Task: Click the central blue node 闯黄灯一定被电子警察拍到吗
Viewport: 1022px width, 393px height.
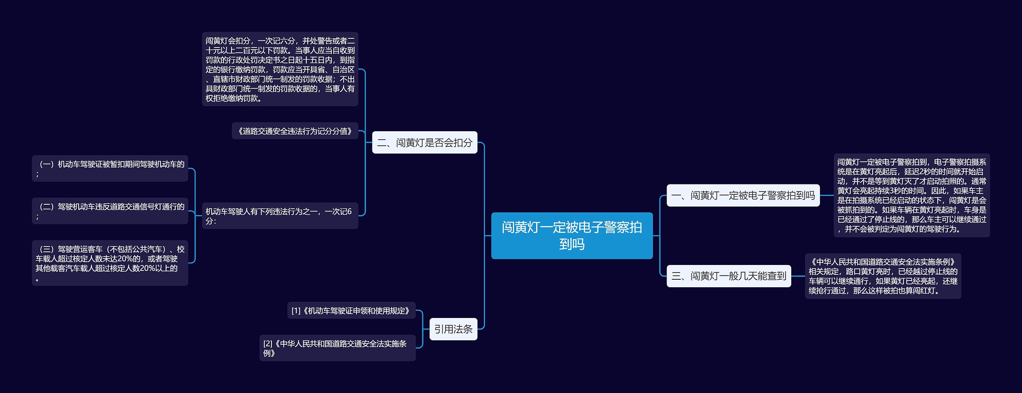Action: (x=572, y=235)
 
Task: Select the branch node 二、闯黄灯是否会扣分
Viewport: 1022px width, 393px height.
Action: (x=424, y=142)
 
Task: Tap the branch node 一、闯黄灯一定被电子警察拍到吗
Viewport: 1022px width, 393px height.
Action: (x=743, y=196)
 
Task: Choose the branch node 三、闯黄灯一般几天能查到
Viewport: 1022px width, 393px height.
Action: (x=729, y=276)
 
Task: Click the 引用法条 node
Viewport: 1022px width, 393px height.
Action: (x=453, y=329)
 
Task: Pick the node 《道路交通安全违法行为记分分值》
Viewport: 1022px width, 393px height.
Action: (x=295, y=131)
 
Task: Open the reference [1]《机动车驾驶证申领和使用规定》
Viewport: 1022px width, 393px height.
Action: (x=351, y=310)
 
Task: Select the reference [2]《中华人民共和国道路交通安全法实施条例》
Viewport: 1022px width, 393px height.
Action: (x=337, y=348)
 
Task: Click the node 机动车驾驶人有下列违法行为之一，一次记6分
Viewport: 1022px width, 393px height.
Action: (x=279, y=215)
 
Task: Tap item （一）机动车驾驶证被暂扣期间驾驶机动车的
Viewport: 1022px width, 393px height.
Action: (x=110, y=168)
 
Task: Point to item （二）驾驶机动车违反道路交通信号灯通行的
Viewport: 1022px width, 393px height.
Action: (x=110, y=211)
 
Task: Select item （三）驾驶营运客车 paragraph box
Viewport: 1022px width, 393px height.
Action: (x=110, y=263)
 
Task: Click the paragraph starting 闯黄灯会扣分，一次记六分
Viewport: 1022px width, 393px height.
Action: (x=280, y=69)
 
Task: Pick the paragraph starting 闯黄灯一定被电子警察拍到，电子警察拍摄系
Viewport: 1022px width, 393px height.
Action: (x=911, y=196)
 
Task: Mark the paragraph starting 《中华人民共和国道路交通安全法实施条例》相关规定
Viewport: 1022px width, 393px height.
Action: (x=883, y=276)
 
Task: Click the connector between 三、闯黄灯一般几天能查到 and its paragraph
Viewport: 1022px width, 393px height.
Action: (x=798, y=276)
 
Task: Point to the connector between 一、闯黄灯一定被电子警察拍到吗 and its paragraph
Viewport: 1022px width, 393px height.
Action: (x=826, y=196)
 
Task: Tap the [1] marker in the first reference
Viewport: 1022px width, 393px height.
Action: (x=296, y=311)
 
